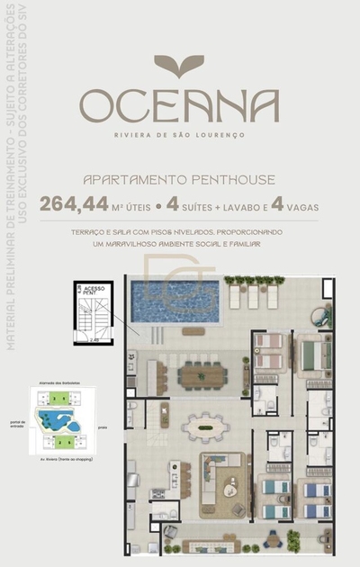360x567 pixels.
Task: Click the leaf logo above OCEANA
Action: pyautogui.click(x=179, y=65)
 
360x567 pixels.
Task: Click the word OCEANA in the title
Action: pyautogui.click(x=179, y=107)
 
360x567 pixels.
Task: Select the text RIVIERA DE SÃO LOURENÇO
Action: pyautogui.click(x=179, y=135)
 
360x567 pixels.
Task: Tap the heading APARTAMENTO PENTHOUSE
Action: pyautogui.click(x=178, y=179)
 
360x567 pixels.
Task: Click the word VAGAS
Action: pyautogui.click(x=302, y=206)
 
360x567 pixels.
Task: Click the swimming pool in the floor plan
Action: pyautogui.click(x=175, y=301)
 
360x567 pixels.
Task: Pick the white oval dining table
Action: pyautogui.click(x=206, y=427)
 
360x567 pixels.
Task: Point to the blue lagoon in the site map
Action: pyautogui.click(x=55, y=418)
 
